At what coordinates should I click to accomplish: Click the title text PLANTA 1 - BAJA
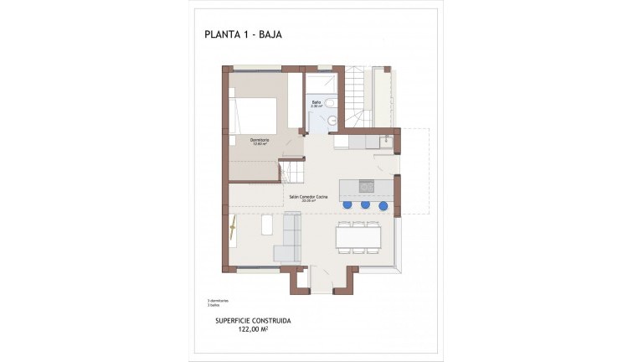click(250, 34)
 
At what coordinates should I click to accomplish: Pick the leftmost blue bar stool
click(347, 204)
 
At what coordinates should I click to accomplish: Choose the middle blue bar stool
click(365, 204)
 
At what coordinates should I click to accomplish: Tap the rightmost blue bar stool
click(383, 204)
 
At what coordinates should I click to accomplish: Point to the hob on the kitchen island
click(364, 185)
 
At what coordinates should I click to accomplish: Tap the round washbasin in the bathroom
click(332, 120)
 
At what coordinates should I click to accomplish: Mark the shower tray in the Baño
click(321, 85)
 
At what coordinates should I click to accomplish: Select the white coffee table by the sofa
click(266, 226)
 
